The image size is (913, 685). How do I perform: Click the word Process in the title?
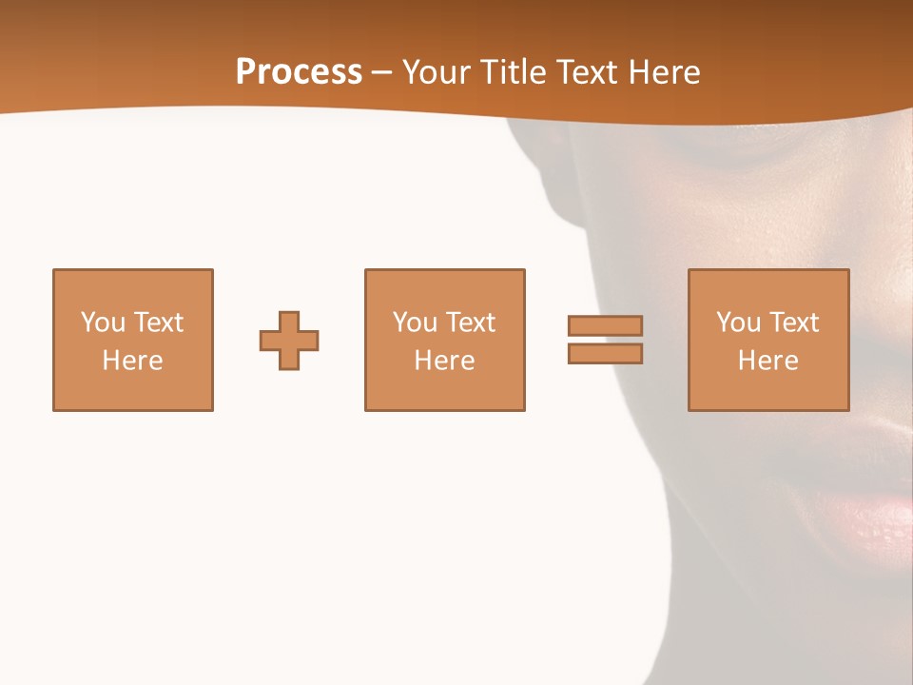click(299, 72)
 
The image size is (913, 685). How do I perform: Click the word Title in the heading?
click(513, 72)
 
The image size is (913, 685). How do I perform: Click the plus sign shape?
click(289, 341)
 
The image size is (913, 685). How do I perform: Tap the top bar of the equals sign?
click(605, 325)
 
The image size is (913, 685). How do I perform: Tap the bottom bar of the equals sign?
click(605, 354)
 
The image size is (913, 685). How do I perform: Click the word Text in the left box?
click(159, 323)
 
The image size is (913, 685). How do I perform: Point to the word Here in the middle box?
click(444, 361)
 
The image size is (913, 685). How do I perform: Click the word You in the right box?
click(738, 323)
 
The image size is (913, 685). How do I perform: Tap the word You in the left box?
click(103, 323)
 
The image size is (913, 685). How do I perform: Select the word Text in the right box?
click(794, 323)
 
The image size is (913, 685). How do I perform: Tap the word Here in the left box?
click(132, 361)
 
